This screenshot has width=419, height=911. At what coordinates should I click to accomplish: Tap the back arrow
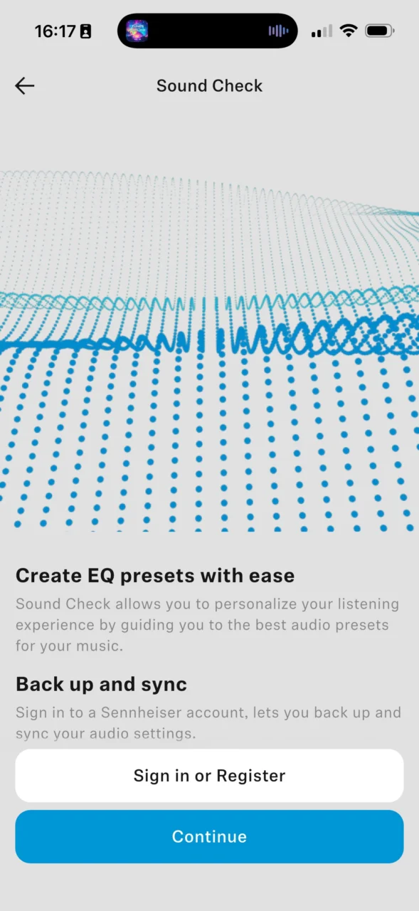(x=24, y=86)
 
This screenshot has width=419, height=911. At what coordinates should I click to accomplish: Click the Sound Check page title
(x=209, y=86)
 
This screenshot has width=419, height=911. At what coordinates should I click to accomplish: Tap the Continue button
(x=209, y=836)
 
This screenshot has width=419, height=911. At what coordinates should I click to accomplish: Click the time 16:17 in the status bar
(x=55, y=31)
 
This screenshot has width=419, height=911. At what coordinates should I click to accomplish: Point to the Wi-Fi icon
(x=349, y=31)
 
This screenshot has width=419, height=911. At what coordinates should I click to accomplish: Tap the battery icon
(x=380, y=31)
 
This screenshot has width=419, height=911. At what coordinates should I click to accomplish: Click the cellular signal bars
(x=322, y=31)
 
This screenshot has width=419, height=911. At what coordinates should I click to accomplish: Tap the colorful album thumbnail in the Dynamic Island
(x=137, y=31)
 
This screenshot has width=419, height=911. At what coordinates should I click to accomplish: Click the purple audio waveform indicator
(x=278, y=31)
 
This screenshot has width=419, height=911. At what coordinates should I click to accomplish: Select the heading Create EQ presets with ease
(x=155, y=576)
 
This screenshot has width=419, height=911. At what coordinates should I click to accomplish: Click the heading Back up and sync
(x=101, y=684)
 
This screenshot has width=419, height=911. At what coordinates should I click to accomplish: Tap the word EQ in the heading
(x=101, y=576)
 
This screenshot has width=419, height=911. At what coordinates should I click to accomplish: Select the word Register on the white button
(x=250, y=776)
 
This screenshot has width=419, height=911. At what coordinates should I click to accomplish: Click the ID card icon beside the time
(x=85, y=31)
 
